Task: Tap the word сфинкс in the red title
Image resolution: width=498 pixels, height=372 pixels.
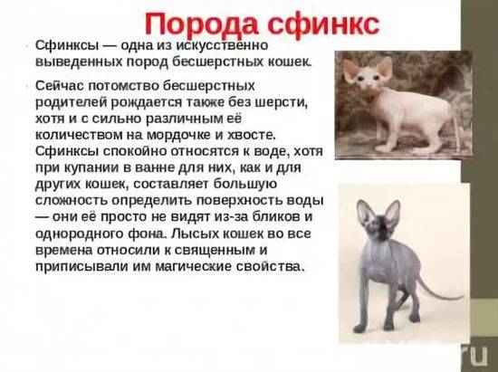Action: click(x=323, y=25)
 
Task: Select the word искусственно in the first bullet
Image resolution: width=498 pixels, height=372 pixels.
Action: click(x=222, y=45)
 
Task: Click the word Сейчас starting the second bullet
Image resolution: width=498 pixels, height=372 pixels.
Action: click(x=60, y=86)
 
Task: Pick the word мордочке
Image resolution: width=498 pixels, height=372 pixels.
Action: click(x=180, y=136)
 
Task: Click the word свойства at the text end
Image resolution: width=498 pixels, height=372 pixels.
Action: click(x=269, y=267)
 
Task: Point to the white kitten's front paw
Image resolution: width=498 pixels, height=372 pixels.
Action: click(x=381, y=148)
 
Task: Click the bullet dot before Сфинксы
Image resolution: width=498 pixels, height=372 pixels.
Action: click(x=28, y=47)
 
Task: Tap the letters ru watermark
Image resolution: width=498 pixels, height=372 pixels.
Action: click(x=475, y=355)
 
